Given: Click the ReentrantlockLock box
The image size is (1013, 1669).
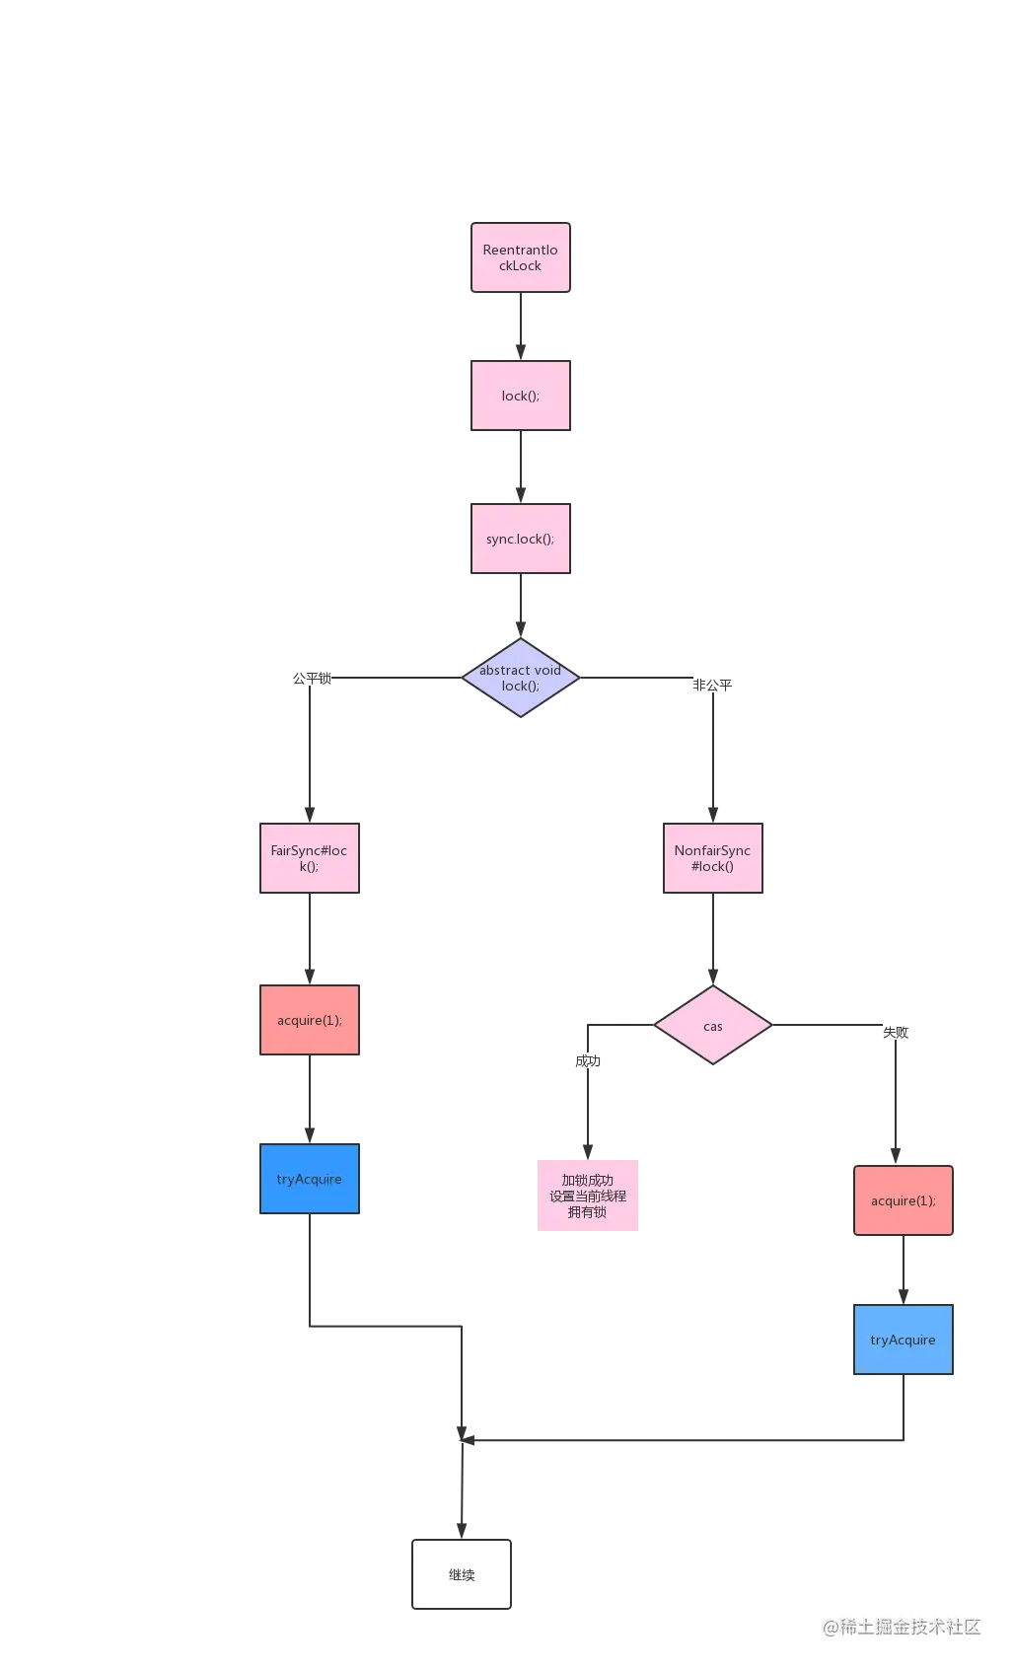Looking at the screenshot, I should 520,258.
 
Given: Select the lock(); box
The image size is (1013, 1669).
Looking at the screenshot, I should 520,396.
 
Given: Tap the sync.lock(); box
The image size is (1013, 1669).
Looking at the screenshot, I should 520,539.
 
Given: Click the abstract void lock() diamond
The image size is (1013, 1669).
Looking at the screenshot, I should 520,678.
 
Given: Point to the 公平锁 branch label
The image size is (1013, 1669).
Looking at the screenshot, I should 312,678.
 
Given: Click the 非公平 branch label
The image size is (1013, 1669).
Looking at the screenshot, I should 712,685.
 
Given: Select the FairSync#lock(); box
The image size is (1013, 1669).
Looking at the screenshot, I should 309,858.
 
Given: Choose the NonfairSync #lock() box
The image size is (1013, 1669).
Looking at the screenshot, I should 712,858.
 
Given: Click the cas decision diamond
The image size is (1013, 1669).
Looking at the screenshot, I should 712,1026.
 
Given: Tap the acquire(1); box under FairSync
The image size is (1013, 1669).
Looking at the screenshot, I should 309,1020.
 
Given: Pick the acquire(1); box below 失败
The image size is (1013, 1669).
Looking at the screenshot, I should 903,1200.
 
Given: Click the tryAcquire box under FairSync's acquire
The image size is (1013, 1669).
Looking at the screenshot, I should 309,1179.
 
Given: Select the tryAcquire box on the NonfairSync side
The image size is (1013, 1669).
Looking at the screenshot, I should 903,1340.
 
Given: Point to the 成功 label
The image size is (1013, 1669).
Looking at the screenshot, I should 588,1061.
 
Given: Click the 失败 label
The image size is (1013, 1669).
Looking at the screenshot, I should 896,1032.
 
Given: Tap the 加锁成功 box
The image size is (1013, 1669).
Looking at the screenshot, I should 588,1196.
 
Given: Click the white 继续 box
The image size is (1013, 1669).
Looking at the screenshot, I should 462,1574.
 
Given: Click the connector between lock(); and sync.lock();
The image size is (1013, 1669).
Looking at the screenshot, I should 520,467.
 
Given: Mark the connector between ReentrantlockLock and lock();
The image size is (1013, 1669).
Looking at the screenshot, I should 520,327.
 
